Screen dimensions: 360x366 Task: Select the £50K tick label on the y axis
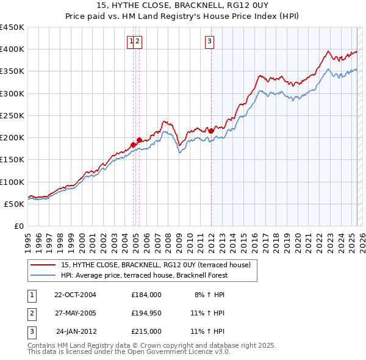pos(15,204)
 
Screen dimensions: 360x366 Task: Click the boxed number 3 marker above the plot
pos(209,41)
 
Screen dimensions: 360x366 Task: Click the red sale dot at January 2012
pos(211,131)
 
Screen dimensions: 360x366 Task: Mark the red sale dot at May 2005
pos(139,140)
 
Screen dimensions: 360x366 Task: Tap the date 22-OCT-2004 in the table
pos(75,295)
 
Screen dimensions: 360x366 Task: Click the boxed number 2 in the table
pos(31,313)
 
